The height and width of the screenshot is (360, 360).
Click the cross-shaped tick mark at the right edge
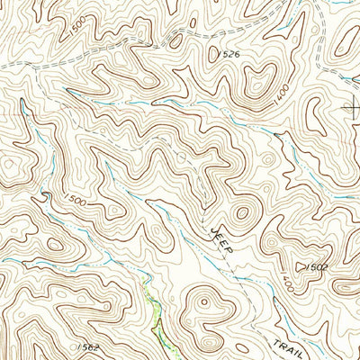coord(351,108)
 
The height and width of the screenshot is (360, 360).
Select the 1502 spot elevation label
coord(316,268)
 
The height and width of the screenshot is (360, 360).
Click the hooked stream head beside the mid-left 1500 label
coord(40,196)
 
